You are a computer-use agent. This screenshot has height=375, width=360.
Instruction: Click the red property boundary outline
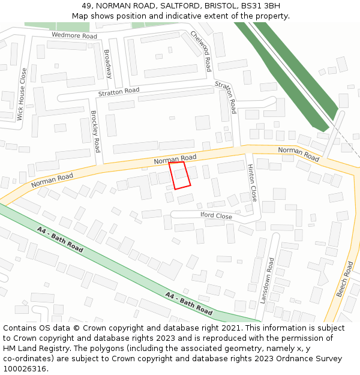179,175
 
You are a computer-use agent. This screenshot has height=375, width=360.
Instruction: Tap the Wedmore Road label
74,36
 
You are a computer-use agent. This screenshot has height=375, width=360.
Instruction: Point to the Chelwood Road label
201,51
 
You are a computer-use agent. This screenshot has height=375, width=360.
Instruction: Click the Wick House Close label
23,94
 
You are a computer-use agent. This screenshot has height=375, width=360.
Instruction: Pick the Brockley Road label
95,131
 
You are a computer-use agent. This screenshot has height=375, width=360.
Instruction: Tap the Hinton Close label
252,183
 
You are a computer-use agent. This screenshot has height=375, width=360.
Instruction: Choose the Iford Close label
215,216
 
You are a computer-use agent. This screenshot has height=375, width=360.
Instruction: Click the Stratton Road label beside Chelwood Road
226,97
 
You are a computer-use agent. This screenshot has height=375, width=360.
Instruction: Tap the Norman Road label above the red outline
175,159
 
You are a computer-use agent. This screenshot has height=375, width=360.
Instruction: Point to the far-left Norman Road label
52,179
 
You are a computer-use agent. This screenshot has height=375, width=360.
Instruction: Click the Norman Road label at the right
299,154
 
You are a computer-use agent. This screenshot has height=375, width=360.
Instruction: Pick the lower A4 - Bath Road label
189,304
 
